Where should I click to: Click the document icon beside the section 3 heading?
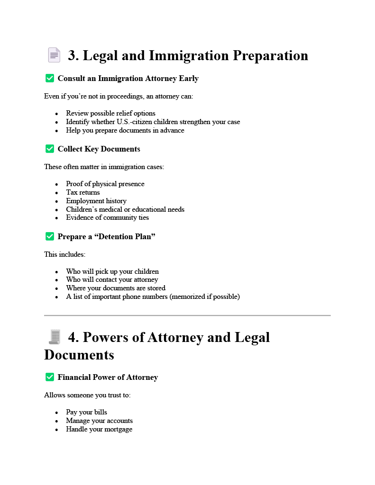(x=54, y=55)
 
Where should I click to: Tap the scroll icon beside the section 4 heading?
(x=54, y=337)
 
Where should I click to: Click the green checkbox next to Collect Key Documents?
(x=49, y=149)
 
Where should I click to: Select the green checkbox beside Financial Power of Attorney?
(x=49, y=377)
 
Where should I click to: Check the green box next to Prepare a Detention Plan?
(x=49, y=236)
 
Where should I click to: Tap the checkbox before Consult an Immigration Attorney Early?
(x=49, y=78)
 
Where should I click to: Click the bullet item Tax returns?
(x=83, y=192)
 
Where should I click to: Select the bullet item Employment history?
(x=96, y=201)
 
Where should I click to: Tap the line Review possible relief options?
(x=110, y=113)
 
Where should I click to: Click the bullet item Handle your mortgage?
(x=99, y=429)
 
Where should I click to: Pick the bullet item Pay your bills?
(x=87, y=412)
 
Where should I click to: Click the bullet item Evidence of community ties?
(x=108, y=217)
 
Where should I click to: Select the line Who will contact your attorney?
(x=112, y=279)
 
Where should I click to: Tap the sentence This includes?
(x=65, y=254)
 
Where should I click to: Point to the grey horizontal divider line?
(x=187, y=315)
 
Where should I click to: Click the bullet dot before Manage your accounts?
(x=56, y=421)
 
